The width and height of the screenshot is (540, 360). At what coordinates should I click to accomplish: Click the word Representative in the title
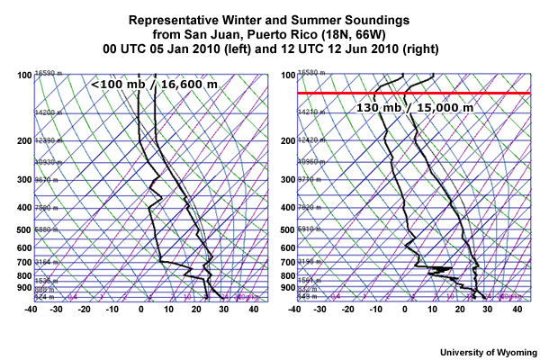[171, 20]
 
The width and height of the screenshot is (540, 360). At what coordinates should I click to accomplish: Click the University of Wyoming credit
[488, 351]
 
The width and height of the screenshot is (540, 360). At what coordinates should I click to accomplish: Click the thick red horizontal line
[414, 93]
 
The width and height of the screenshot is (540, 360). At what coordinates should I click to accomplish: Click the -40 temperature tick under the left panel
[32, 310]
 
